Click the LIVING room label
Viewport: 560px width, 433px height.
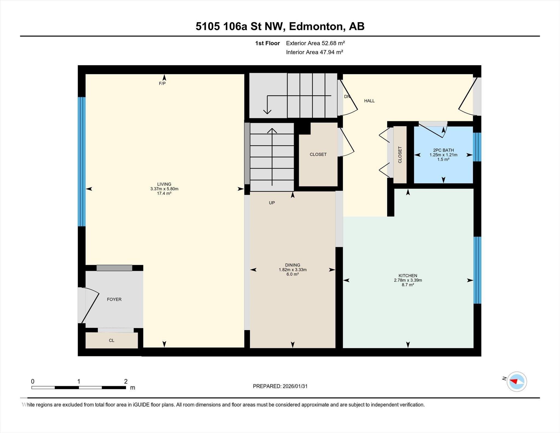(164, 184)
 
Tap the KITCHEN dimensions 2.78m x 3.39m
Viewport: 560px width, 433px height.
(408, 280)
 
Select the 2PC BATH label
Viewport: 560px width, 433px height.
(443, 150)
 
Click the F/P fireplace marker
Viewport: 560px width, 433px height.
(162, 83)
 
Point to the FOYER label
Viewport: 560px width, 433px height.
(114, 299)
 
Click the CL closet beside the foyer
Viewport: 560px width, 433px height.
(112, 340)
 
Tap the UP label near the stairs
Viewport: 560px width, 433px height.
(272, 203)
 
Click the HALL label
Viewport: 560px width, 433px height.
(369, 101)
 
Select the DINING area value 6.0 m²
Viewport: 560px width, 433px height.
(292, 274)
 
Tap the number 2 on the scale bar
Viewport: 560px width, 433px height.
(126, 381)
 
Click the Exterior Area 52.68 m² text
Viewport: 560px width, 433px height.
(315, 43)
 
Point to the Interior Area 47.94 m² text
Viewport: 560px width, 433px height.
(314, 52)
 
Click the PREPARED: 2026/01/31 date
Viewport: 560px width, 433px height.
(280, 386)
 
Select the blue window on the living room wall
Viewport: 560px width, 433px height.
(81, 161)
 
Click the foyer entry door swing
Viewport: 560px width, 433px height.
(90, 305)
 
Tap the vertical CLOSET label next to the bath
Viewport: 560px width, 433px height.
(400, 155)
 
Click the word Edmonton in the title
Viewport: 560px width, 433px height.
(316, 26)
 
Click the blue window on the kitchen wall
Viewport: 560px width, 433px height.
(477, 270)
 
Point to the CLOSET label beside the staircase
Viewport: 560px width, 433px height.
(318, 154)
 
